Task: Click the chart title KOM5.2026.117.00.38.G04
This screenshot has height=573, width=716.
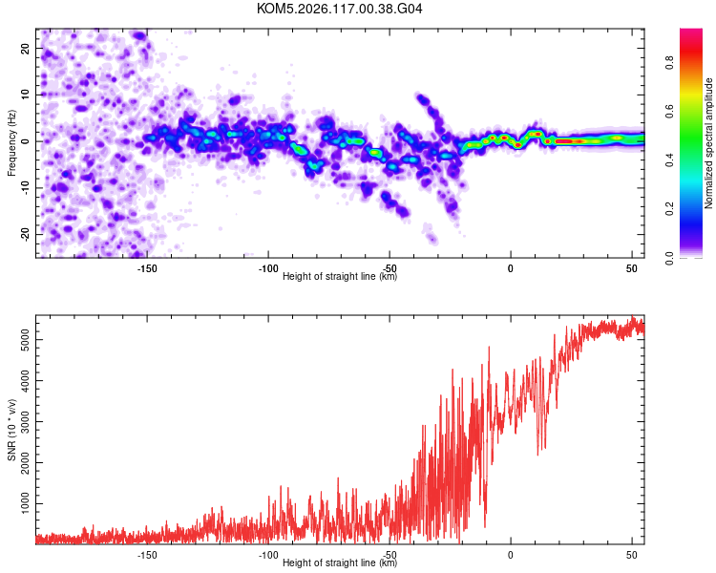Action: [339, 9]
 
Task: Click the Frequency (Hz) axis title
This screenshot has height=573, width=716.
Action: [11, 143]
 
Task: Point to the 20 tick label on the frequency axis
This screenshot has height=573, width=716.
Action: [25, 48]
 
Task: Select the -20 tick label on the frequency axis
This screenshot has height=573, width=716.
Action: [25, 234]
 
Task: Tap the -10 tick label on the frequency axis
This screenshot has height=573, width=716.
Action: [25, 188]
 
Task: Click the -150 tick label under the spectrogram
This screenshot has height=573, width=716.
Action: [147, 268]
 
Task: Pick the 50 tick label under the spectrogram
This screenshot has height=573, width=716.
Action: [632, 268]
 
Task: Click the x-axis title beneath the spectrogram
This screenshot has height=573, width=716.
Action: [340, 276]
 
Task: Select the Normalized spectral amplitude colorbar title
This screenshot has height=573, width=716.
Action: [708, 143]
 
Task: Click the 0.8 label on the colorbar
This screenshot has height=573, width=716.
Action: [669, 62]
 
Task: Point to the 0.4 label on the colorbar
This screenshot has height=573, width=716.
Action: [669, 159]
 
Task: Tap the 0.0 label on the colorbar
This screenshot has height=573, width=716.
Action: [669, 258]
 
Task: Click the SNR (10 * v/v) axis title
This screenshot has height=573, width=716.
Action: [11, 430]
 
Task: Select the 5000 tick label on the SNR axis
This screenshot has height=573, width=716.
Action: [26, 340]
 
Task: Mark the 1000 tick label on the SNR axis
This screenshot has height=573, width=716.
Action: [26, 503]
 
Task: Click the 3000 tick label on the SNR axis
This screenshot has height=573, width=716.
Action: [26, 421]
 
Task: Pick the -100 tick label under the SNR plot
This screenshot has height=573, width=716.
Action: [268, 555]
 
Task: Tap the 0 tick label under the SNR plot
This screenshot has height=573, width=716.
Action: [511, 555]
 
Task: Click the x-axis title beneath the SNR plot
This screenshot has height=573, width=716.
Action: [340, 562]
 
